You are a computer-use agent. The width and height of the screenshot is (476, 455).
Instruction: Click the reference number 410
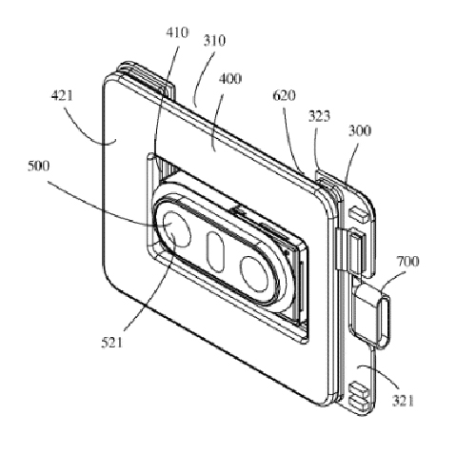pos(177,32)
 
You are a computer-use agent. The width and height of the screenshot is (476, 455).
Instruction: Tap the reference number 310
pos(214,41)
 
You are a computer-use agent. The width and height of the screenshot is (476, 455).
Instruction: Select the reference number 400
pos(230,79)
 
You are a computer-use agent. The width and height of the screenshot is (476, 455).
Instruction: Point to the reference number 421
pos(62,95)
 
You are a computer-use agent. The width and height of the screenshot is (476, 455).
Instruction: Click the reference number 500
pos(39,166)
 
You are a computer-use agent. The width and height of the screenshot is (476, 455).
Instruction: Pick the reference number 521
pos(111,343)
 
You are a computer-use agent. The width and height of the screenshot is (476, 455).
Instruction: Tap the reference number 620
pos(285,95)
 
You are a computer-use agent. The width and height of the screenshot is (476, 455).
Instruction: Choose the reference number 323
pos(319,116)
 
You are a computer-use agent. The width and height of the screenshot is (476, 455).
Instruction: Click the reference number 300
pos(360,130)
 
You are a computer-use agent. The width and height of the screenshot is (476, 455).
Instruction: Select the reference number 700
pos(407,262)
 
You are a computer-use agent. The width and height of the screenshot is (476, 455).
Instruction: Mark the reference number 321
pos(404,401)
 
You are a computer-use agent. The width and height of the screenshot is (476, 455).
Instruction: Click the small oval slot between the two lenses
pos(215,251)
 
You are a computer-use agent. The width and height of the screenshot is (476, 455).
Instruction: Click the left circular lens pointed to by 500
pos(177,229)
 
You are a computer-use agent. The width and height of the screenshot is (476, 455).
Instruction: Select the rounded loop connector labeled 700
pos(384,321)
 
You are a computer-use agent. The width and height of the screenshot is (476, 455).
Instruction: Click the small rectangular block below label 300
pos(359,213)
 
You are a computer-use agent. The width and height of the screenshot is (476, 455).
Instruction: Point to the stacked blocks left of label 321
pos(359,394)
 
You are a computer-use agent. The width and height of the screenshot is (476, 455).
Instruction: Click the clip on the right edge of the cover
pos(340,249)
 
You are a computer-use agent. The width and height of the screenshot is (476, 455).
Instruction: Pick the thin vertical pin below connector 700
pos(372,377)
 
